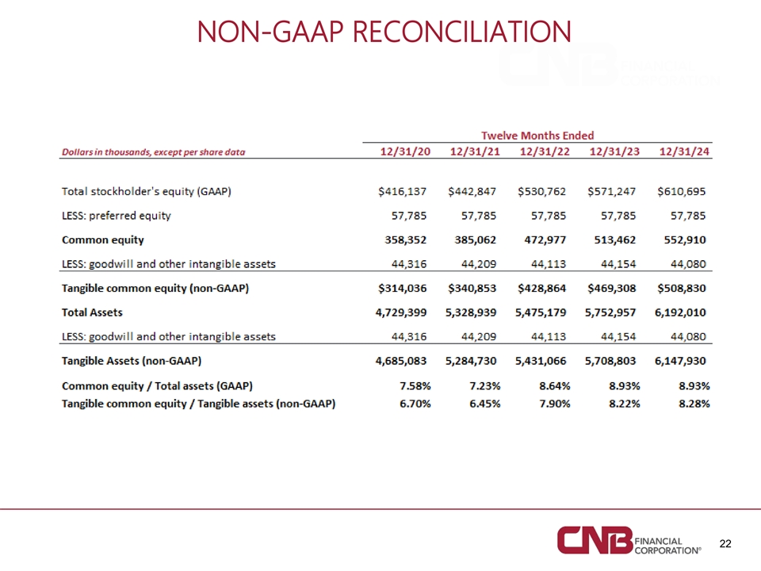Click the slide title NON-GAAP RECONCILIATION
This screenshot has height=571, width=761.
pyautogui.click(x=384, y=32)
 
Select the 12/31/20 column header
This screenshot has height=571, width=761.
pyautogui.click(x=405, y=151)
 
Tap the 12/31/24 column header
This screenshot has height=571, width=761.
pyautogui.click(x=684, y=151)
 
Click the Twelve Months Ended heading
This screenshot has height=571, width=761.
pyautogui.click(x=537, y=136)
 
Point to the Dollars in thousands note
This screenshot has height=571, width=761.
pyautogui.click(x=153, y=152)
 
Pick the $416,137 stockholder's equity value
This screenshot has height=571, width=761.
pyautogui.click(x=403, y=191)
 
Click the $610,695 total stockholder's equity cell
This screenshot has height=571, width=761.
pyautogui.click(x=682, y=191)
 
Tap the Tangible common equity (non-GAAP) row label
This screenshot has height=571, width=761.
pyautogui.click(x=155, y=289)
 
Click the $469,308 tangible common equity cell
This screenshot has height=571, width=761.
pyautogui.click(x=611, y=289)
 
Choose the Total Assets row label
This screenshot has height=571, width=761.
pyautogui.click(x=92, y=312)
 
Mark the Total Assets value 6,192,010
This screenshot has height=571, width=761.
pyautogui.click(x=680, y=312)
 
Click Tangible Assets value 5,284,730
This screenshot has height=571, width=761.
pyautogui.click(x=471, y=362)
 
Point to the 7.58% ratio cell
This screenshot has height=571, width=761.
pyautogui.click(x=415, y=386)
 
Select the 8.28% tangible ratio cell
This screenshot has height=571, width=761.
pyautogui.click(x=694, y=404)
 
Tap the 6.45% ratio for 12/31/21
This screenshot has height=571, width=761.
pyautogui.click(x=485, y=404)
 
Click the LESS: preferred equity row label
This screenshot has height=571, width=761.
pyautogui.click(x=117, y=216)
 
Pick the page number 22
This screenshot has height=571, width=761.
pyautogui.click(x=725, y=544)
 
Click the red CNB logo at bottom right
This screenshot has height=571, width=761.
pyautogui.click(x=595, y=540)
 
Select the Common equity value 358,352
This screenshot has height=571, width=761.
pyautogui.click(x=406, y=240)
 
